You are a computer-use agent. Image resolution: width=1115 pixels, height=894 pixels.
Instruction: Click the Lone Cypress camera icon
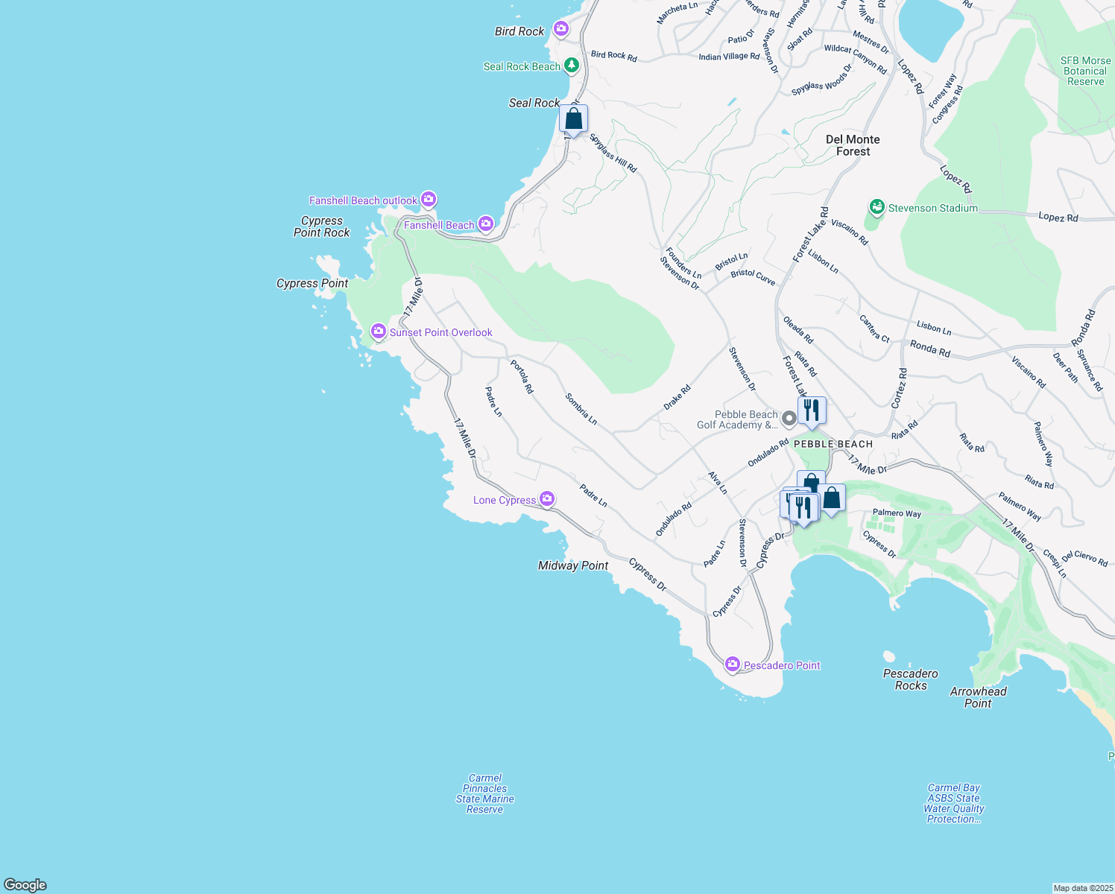pos(547,499)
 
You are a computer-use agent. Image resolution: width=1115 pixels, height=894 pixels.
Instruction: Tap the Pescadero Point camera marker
pos(733,665)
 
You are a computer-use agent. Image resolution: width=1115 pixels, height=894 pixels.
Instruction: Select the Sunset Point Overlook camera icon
pos(379,332)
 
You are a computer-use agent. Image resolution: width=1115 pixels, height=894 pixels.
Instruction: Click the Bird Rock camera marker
pos(561,30)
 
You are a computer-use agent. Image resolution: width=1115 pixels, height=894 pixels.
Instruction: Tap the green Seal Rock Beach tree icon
pos(572,66)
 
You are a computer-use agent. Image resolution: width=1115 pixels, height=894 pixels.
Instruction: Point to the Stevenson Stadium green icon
pos(877,207)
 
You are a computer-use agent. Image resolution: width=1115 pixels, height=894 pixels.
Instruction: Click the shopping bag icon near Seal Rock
pos(573,119)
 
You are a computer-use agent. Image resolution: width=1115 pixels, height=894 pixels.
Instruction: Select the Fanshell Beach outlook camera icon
pos(428,200)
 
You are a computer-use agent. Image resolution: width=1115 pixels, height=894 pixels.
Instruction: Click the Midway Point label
pos(573,565)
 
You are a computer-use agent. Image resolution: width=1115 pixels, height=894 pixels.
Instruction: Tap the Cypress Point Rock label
pos(321,226)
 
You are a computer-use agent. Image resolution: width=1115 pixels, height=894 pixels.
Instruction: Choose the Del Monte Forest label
pos(853,145)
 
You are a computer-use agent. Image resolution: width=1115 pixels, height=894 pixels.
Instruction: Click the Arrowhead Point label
pos(978,697)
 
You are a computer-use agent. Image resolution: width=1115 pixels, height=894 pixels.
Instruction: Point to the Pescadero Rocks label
pos(910,679)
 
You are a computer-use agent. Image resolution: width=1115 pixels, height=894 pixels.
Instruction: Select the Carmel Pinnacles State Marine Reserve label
pos(485,793)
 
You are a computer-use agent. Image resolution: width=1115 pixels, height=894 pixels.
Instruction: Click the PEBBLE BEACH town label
pos(833,444)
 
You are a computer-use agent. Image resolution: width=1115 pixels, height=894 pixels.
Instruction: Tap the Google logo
pos(25,885)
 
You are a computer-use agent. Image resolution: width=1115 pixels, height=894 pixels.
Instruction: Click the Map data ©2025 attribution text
pos(1082,888)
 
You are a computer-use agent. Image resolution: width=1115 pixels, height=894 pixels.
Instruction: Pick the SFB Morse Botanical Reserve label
pos(1085,71)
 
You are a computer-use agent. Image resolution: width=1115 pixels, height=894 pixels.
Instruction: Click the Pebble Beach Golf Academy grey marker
pos(789,419)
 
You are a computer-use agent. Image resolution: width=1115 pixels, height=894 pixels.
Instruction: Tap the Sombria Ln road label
pos(581,409)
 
